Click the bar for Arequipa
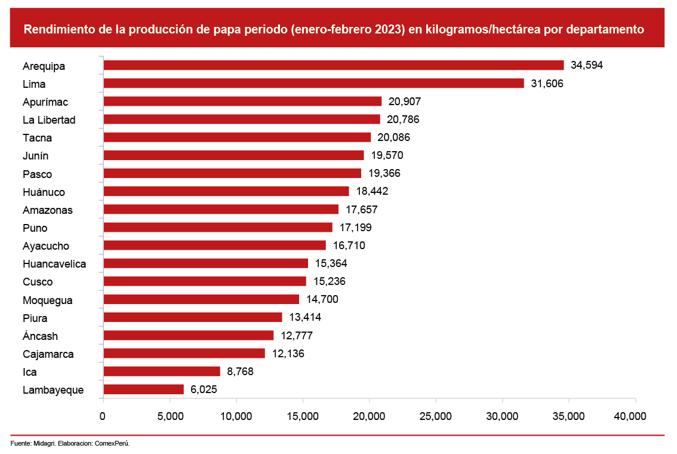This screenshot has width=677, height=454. point(333,65)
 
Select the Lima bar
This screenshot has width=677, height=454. point(313,84)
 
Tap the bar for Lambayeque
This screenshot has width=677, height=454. point(143,389)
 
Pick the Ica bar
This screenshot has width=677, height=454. point(161,372)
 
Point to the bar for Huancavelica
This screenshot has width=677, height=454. point(205,263)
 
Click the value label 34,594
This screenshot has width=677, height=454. point(587,65)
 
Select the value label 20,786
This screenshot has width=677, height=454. point(403,119)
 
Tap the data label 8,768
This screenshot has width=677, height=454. point(240,372)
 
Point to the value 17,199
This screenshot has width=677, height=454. point(355,228)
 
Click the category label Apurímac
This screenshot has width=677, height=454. point(45,102)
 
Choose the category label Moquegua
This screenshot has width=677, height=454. point(48,300)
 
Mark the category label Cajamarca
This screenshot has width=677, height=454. point(48,354)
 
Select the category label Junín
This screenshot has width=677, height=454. point(36,156)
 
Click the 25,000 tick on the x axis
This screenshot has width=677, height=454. point(436,416)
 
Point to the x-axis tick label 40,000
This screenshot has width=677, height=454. point(629,416)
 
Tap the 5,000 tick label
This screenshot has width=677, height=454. point(170,416)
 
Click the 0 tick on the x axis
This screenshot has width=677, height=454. point(103,416)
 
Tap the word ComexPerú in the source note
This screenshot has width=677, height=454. point(112,443)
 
